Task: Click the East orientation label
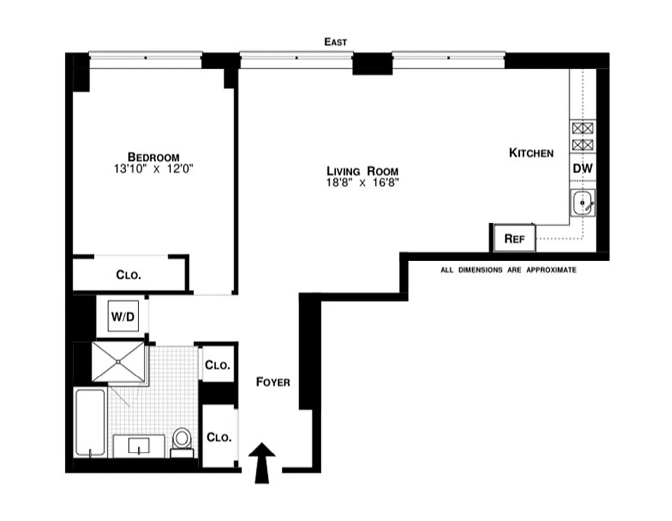(336, 42)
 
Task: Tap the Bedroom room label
(154, 157)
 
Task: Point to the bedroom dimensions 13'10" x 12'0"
(154, 169)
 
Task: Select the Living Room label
(362, 171)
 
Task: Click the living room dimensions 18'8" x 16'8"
(362, 183)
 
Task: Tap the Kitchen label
(531, 153)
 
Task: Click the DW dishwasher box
(582, 169)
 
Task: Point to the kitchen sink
(582, 203)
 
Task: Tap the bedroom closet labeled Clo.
(129, 275)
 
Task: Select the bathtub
(90, 422)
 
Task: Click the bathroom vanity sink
(139, 447)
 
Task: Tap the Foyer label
(273, 382)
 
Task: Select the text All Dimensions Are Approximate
(508, 270)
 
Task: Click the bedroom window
(145, 57)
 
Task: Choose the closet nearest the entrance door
(218, 436)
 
